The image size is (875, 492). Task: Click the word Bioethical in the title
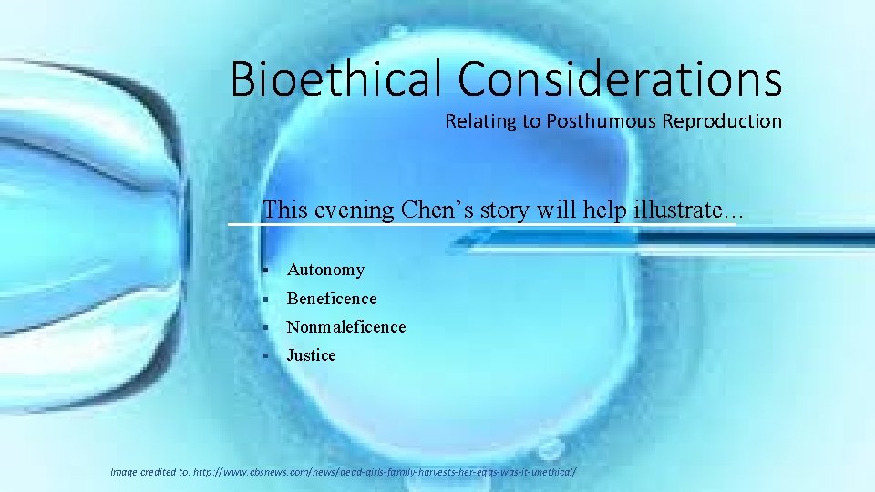pos(338,78)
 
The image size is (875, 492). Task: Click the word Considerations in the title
pos(620,78)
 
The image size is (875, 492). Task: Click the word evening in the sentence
pos(352,210)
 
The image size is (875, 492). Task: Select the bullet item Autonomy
pos(325,270)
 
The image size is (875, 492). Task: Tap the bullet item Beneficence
pos(331,298)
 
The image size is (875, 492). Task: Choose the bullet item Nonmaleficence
pos(345,326)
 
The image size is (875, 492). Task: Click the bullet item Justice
pos(311,355)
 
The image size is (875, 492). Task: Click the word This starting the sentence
pos(283,210)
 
